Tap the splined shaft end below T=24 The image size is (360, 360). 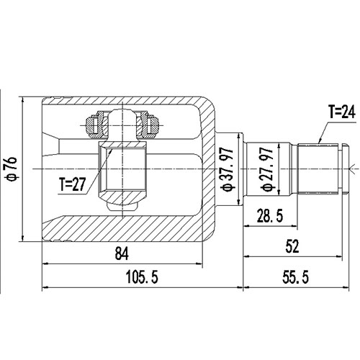(318, 168)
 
